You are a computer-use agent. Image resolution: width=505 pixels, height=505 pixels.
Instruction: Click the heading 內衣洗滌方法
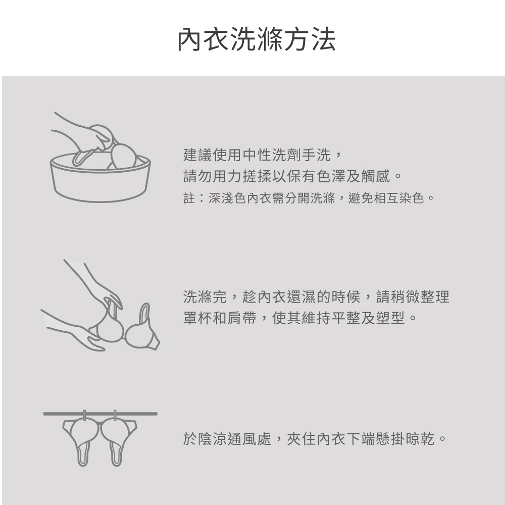click(257, 39)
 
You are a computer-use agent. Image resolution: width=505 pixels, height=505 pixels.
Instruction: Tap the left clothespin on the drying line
click(84, 416)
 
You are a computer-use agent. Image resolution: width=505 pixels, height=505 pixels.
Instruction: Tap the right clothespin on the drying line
click(115, 416)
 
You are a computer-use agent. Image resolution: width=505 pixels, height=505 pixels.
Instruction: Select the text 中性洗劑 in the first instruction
click(272, 155)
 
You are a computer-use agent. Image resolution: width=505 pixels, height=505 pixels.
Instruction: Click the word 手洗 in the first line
click(317, 155)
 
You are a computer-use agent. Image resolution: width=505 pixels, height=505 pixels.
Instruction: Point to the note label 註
click(189, 198)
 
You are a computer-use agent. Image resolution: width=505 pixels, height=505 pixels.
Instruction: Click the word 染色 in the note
click(411, 198)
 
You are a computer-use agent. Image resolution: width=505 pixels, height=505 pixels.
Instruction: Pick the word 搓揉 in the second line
click(258, 176)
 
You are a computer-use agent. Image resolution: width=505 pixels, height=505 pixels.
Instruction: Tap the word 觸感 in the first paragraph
click(376, 176)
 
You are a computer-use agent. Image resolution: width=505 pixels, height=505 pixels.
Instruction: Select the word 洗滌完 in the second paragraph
click(205, 296)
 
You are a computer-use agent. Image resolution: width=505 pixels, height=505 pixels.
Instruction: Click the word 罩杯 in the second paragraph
click(198, 318)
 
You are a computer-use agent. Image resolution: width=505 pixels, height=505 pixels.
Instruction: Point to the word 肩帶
click(242, 318)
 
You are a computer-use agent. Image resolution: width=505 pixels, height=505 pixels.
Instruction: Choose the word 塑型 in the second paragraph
click(390, 318)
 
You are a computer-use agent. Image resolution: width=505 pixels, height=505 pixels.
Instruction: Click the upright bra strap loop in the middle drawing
click(145, 313)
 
